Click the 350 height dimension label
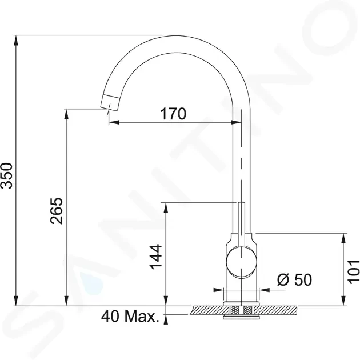click(6, 175)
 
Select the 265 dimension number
click(57, 211)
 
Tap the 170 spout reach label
click(173, 114)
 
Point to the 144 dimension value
click(156, 257)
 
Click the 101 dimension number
click(353, 272)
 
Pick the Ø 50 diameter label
click(294, 279)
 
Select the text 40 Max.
click(130, 316)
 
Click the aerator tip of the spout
click(110, 103)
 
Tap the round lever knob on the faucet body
click(241, 261)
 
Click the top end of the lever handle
click(241, 203)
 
